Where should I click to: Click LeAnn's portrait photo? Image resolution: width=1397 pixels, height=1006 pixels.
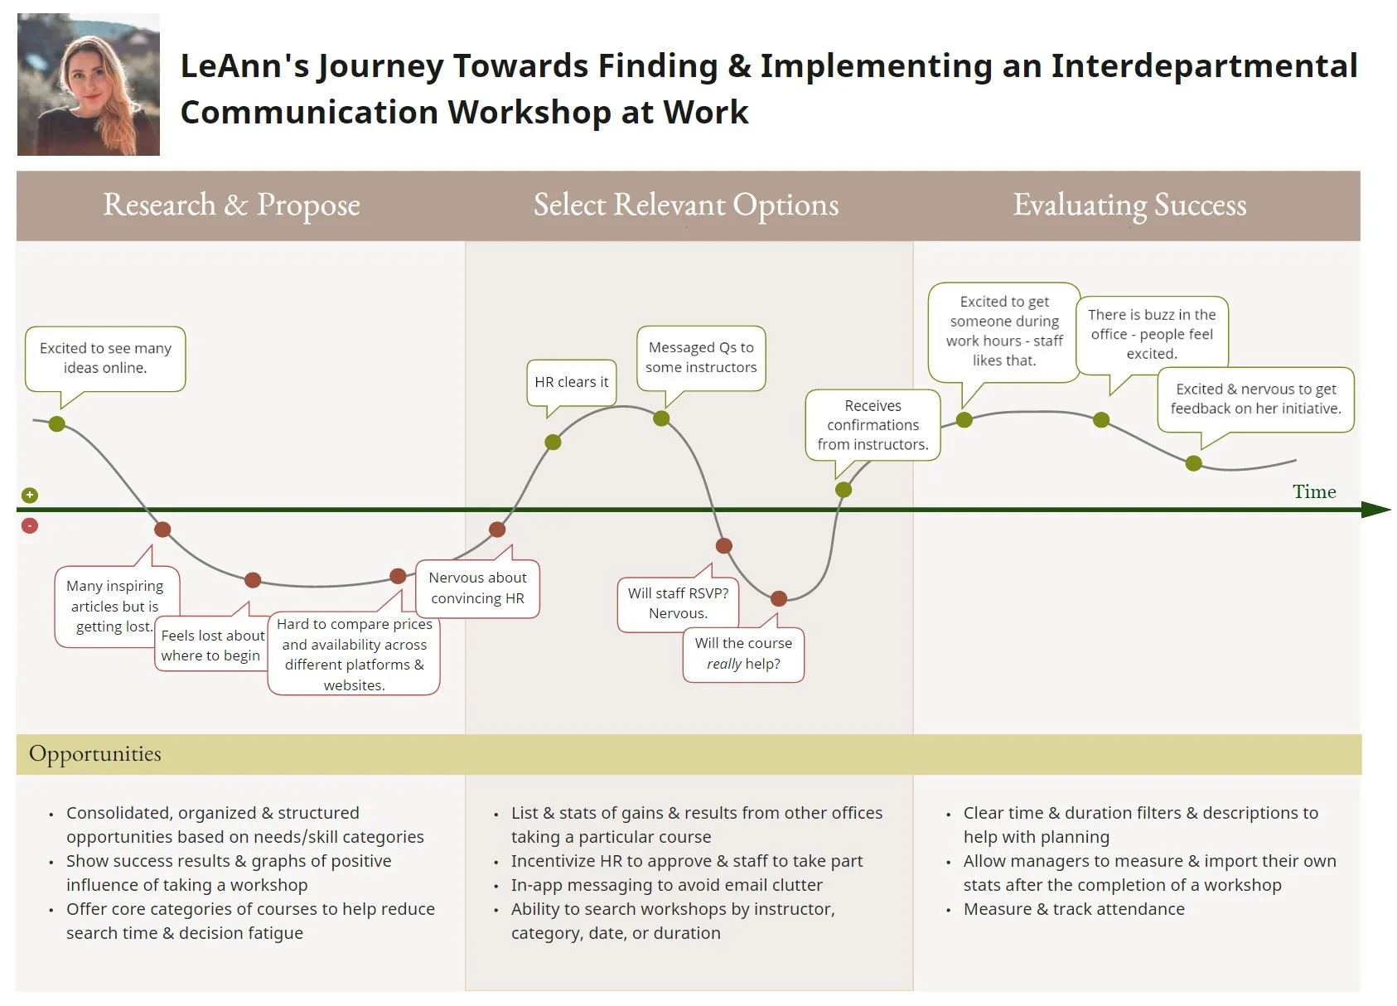tap(88, 85)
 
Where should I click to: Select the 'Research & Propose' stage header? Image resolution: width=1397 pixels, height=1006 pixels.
tap(231, 206)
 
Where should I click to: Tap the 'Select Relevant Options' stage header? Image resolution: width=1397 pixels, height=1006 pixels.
tap(685, 206)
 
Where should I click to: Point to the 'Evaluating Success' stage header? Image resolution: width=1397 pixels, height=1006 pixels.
tap(1129, 206)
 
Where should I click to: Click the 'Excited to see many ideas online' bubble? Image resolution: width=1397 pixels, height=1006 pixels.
tap(105, 358)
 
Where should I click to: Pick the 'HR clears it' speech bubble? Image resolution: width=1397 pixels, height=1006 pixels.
tap(571, 382)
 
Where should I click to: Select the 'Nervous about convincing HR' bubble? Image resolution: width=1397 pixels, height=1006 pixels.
tap(477, 588)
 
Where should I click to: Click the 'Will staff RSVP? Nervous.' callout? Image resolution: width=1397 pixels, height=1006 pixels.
tap(677, 603)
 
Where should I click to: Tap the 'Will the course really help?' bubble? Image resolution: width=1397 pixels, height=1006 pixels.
tap(743, 654)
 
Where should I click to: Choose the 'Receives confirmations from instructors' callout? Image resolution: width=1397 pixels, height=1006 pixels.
tap(873, 425)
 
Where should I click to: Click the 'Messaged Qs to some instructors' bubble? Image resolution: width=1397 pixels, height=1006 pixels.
tap(701, 357)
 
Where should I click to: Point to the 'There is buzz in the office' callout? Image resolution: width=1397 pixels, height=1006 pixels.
tap(1151, 334)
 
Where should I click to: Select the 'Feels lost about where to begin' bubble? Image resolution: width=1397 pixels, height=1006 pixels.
tap(212, 645)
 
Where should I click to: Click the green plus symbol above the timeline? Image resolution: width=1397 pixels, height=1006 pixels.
tap(30, 496)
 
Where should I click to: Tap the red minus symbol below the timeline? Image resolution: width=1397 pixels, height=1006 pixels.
tap(30, 525)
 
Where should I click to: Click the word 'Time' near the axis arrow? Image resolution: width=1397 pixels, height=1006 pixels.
tap(1313, 491)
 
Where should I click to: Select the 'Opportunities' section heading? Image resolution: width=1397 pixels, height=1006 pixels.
tap(95, 754)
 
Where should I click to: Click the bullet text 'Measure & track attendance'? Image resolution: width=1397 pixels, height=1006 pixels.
tap(1074, 909)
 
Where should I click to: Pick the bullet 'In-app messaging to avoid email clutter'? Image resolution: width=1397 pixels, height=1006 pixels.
tap(666, 885)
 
